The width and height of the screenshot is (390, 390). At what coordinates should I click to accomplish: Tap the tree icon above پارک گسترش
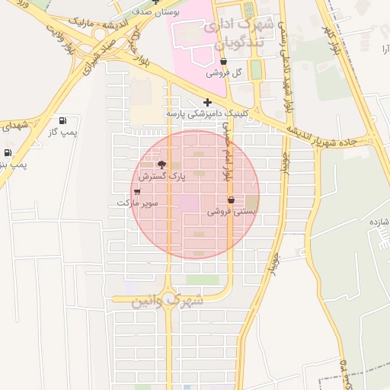[x=161, y=165]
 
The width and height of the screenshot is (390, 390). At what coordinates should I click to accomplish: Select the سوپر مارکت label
[x=137, y=203]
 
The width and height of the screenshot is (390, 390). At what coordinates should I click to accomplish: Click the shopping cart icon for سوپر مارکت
[x=136, y=191]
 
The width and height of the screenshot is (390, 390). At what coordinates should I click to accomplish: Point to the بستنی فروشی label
[x=230, y=212]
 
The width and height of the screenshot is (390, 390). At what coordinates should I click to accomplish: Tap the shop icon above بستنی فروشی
[x=231, y=200]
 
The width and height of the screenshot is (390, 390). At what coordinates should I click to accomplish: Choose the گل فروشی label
[x=224, y=73]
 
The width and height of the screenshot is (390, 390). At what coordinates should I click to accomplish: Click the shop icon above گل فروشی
[x=223, y=61]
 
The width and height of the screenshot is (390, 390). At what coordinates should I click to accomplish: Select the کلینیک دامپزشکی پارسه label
[x=208, y=114]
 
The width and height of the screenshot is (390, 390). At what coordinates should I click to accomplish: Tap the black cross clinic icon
[x=207, y=102]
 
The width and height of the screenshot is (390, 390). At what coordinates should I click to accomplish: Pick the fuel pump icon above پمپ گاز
[x=62, y=120]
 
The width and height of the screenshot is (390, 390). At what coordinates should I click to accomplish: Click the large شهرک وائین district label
[x=168, y=301]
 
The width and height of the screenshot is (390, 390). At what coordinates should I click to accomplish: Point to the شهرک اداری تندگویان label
[x=238, y=31]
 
